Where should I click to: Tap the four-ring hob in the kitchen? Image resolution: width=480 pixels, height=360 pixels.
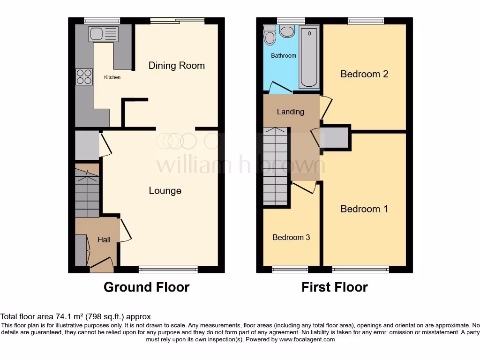click(84, 76)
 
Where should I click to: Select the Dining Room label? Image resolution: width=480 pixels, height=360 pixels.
click(176, 66)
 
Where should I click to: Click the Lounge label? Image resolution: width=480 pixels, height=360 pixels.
click(165, 191)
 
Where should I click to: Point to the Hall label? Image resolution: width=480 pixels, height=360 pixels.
click(104, 240)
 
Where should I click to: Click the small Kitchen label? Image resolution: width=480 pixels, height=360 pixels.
click(112, 77)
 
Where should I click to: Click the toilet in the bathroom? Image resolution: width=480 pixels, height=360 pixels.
click(270, 35)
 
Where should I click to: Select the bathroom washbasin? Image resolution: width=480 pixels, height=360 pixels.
click(287, 31)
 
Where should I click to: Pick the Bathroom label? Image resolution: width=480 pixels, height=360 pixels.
click(284, 56)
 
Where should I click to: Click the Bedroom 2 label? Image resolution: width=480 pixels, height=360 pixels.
click(364, 74)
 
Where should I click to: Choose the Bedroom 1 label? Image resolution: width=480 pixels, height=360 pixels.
click(364, 209)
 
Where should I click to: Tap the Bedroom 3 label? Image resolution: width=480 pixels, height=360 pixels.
click(291, 237)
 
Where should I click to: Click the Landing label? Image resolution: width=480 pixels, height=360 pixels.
click(290, 112)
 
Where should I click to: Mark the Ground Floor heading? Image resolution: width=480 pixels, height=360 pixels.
click(146, 287)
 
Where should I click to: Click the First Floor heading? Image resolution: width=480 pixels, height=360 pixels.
click(334, 287)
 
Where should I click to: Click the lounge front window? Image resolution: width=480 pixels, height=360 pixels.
click(168, 269)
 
